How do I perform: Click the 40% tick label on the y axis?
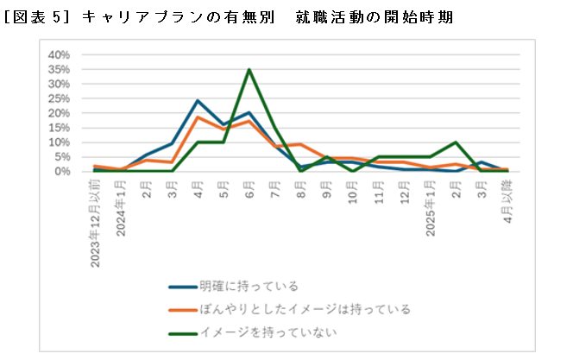point(58,54)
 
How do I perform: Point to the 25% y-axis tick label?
point(58,98)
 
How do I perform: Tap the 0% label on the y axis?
point(61,171)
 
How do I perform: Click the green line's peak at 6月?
point(249,70)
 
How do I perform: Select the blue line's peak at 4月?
point(198,100)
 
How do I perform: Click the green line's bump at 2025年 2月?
point(456,142)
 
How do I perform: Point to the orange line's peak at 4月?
point(198,117)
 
